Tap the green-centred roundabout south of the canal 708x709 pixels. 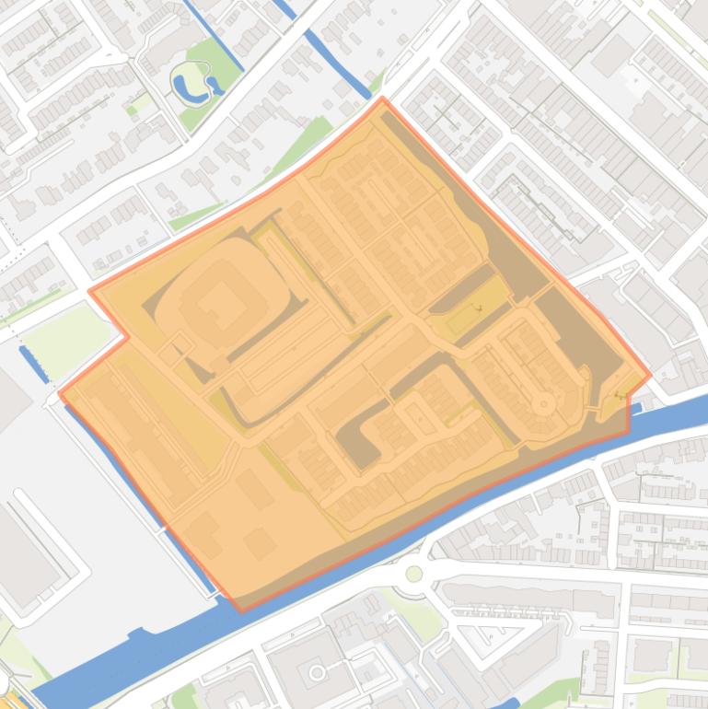pyautogui.click(x=414, y=574)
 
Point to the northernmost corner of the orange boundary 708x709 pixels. pyautogui.click(x=383, y=98)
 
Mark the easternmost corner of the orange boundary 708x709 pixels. pyautogui.click(x=650, y=375)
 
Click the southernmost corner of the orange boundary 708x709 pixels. pyautogui.click(x=241, y=610)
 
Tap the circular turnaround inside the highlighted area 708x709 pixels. pyautogui.click(x=543, y=403)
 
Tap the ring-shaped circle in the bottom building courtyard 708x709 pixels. pyautogui.click(x=317, y=672)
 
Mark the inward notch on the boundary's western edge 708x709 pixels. pyautogui.click(x=127, y=337)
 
